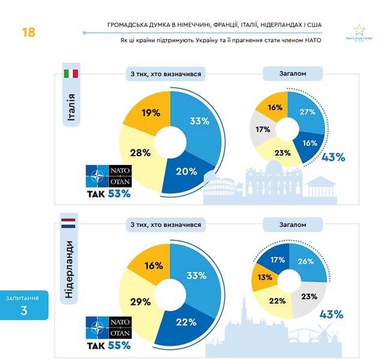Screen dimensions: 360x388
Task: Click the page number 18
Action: (x=28, y=32)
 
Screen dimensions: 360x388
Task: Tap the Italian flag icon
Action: (x=71, y=74)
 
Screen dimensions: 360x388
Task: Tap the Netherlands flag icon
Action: (x=68, y=223)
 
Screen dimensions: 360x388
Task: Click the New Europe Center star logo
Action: (x=359, y=31)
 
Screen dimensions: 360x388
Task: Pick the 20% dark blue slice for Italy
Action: (x=186, y=171)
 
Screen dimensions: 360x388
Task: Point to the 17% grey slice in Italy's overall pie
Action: (x=262, y=129)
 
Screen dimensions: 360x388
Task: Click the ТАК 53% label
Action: (x=109, y=193)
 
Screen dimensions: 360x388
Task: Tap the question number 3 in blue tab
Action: (x=24, y=310)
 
